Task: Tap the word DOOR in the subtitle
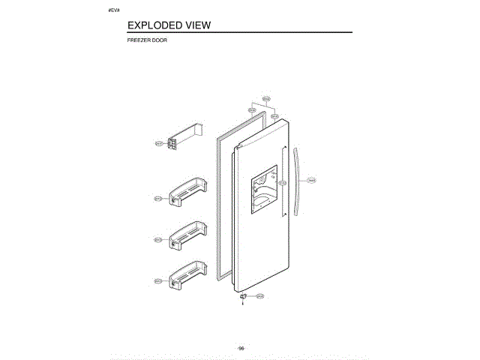159,40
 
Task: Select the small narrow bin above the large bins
184,139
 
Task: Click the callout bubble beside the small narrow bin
158,142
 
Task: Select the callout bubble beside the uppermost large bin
158,199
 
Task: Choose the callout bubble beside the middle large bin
158,240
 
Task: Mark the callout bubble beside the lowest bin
158,281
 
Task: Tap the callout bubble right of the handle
310,180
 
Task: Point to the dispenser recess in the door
262,193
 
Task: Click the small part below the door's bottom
242,298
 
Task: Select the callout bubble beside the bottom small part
259,297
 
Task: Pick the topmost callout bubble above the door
265,99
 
